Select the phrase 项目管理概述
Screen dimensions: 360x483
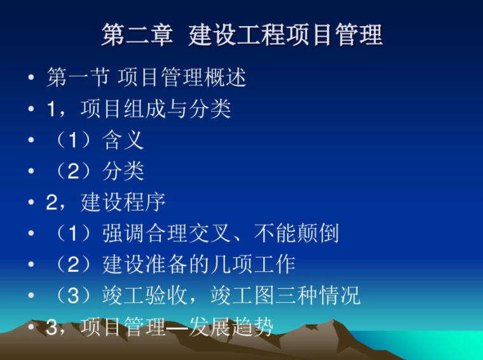pos(182,78)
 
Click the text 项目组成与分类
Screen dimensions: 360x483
pos(156,109)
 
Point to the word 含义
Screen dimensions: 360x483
pos(123,140)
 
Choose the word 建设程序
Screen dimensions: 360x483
pos(123,203)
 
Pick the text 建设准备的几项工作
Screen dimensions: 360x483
pos(199,265)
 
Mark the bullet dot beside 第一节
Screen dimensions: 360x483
pos(31,79)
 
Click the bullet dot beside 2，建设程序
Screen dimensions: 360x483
pos(31,203)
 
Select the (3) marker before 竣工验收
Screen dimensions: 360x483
pos(73,296)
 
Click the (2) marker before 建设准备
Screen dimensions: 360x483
pos(73,265)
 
